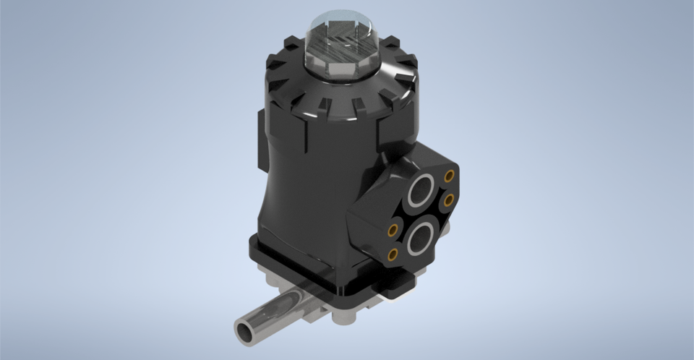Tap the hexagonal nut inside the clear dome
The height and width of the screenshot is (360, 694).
340,44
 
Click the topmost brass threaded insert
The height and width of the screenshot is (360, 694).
450,176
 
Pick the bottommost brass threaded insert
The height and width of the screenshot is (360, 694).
393,254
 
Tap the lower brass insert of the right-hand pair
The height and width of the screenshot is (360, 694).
448,199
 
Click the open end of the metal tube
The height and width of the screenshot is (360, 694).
245,330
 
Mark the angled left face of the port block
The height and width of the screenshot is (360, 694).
366,217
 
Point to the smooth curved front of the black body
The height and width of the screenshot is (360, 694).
304,195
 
